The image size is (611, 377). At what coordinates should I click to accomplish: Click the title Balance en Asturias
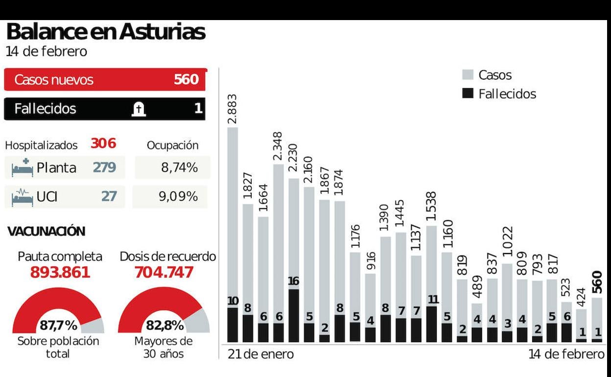coord(106,32)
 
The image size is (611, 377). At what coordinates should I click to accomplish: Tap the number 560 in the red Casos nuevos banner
coord(186,80)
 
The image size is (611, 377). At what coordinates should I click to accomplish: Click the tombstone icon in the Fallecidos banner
coord(139,109)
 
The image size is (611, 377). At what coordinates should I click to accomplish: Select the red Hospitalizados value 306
coord(103,143)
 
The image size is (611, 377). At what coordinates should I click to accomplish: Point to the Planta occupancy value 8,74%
coord(179,168)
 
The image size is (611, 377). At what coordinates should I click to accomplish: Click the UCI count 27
coord(109,196)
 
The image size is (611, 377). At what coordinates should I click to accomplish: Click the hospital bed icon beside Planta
coord(23,168)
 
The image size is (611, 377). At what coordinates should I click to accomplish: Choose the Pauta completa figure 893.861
coord(60,272)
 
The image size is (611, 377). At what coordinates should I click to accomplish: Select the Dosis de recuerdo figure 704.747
coord(164,272)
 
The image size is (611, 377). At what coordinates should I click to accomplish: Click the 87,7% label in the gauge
coord(58,325)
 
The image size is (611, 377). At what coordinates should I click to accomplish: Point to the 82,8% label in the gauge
coord(164,325)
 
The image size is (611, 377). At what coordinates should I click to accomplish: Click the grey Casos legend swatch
coord(468,75)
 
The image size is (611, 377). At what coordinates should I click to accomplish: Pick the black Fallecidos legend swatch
coord(468,94)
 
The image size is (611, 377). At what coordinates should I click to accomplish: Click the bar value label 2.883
coord(233,109)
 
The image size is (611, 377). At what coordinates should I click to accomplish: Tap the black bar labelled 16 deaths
coord(293,315)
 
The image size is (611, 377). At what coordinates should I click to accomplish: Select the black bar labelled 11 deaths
coord(431,324)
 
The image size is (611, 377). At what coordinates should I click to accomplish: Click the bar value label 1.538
coord(431,208)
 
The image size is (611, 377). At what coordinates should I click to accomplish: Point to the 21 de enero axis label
coord(261,354)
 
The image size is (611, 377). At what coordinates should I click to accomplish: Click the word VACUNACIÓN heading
coord(47,232)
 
